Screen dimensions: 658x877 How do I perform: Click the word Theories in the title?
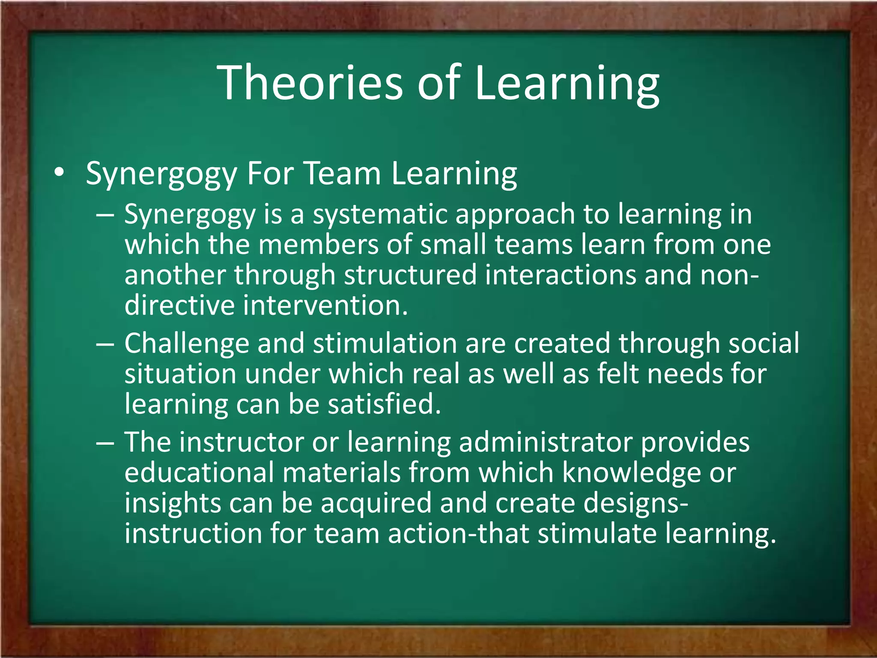click(x=310, y=82)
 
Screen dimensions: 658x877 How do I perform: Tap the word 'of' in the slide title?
click(x=438, y=82)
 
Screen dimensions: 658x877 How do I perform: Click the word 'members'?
click(x=319, y=245)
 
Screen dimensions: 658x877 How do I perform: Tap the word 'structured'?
click(x=410, y=275)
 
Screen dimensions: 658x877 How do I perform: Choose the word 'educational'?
click(x=199, y=473)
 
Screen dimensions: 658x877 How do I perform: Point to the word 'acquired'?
click(x=376, y=504)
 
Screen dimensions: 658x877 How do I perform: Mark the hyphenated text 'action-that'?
click(x=459, y=534)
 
